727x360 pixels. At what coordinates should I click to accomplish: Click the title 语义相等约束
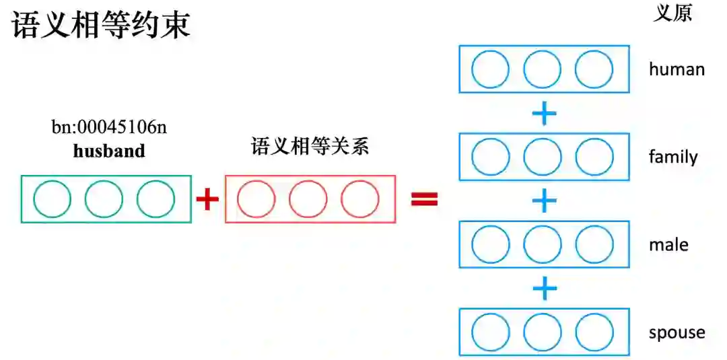coord(101,26)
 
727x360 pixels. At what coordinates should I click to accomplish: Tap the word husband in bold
coord(109,151)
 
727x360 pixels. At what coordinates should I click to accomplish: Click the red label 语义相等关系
coord(310,147)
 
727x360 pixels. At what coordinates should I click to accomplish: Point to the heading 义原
coord(672,13)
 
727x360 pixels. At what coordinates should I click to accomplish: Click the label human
coord(677,69)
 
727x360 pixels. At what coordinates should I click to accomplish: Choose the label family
coord(673,157)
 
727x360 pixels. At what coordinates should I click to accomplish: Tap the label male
coord(668,245)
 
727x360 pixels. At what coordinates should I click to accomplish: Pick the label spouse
coord(677,332)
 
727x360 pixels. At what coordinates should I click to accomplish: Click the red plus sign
coord(207,199)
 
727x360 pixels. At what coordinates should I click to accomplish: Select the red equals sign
coord(424,199)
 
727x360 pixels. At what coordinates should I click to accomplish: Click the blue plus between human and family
coord(544,114)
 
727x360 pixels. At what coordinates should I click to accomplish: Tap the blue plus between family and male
coord(544,201)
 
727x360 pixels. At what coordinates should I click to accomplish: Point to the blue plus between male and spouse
coord(544,289)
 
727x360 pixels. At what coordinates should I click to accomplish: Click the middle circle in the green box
coord(104,199)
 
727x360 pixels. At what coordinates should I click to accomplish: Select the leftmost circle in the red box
coord(256,199)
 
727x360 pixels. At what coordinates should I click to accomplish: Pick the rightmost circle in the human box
coord(594,69)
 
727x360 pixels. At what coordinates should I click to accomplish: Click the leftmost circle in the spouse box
coord(491,332)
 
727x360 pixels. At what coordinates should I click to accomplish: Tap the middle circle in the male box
coord(542,245)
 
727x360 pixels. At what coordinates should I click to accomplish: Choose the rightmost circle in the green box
coord(155,199)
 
